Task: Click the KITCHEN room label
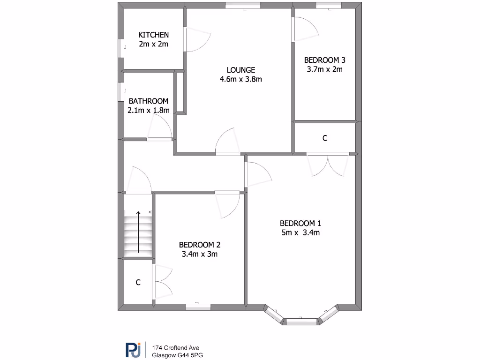153,35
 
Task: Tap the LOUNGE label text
240,70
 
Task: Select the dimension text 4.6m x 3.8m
240,79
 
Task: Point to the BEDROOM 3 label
325,60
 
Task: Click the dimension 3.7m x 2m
325,69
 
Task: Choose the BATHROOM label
149,101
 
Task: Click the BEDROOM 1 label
300,223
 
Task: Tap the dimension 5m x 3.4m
300,232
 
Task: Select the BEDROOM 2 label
200,245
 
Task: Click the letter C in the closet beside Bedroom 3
325,139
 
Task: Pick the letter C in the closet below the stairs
138,283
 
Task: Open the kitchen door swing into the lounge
198,40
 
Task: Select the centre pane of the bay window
301,321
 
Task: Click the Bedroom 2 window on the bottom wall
198,307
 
